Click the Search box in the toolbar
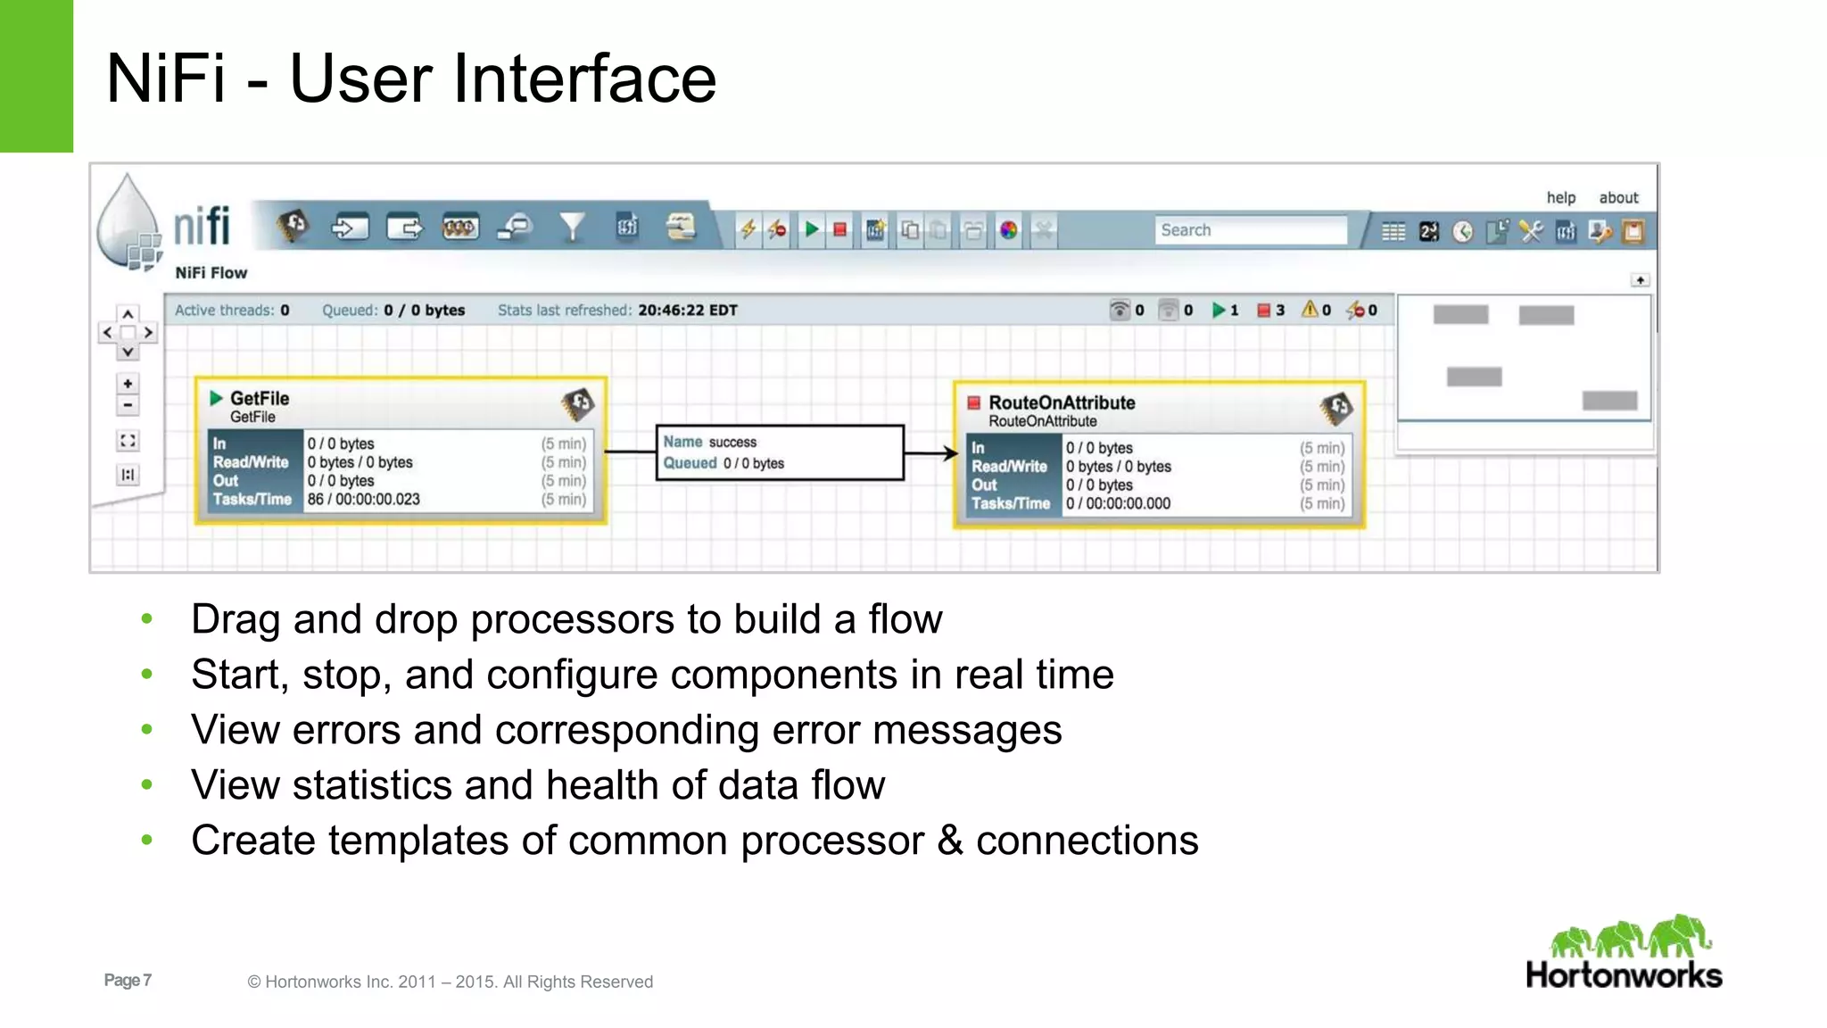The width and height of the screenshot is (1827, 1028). pos(1249,230)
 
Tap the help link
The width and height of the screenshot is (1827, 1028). pos(1560,197)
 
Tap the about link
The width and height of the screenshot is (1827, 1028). pos(1618,197)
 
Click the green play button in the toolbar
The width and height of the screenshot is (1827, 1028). pos(811,230)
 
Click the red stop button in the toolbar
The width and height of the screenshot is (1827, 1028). pos(839,230)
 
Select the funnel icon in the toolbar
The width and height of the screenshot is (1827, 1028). pos(572,228)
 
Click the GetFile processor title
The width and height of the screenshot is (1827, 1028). pos(260,398)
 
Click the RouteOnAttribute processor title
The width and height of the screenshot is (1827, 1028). pos(1062,402)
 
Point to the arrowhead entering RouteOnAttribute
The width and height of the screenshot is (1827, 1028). pos(950,453)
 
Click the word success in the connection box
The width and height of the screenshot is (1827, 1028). pos(732,442)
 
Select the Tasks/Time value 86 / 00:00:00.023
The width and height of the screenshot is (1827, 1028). pos(363,499)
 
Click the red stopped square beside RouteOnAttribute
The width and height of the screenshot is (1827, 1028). pos(974,402)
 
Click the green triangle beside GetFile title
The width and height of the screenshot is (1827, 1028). pos(216,398)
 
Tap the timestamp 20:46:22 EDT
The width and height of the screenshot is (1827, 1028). pos(687,310)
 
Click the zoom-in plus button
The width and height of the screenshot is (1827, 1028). pos(128,384)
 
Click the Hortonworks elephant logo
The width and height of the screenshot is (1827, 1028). pos(1629,938)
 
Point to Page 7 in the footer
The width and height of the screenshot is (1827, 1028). pos(128,980)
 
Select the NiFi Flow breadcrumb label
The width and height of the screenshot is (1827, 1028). pos(211,272)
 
